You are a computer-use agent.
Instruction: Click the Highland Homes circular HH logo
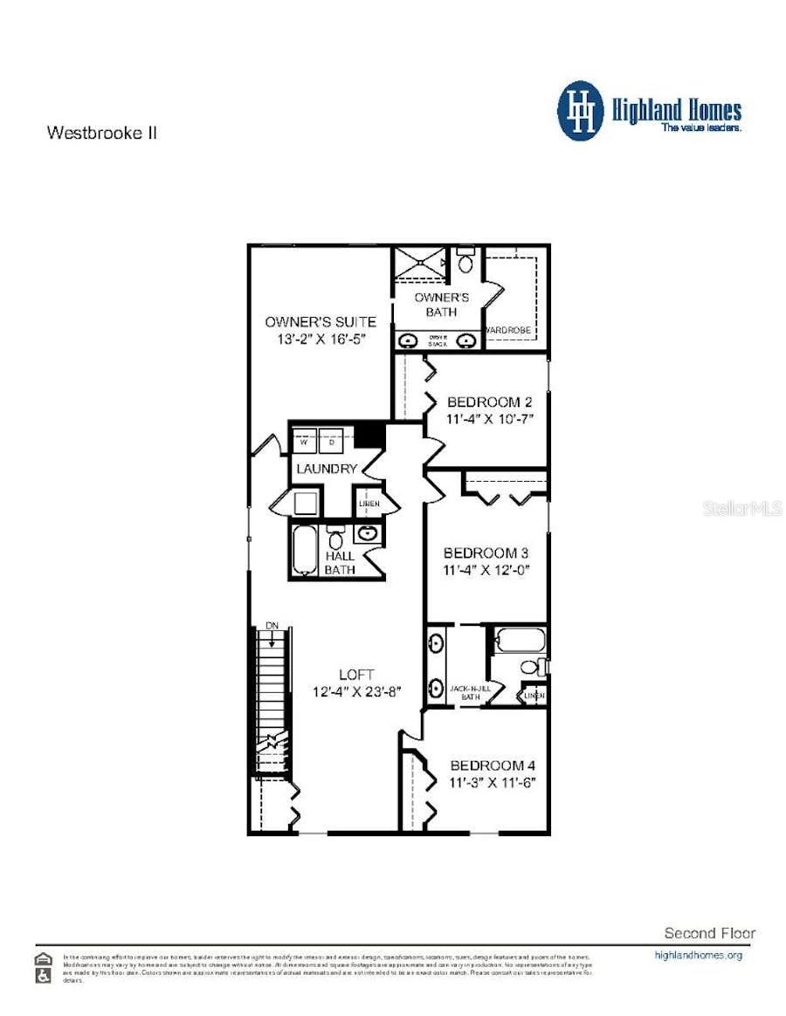(x=581, y=111)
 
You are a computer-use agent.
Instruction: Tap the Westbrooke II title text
(x=101, y=134)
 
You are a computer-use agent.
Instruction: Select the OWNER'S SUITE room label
(x=321, y=322)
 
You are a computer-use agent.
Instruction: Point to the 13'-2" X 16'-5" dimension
(x=321, y=339)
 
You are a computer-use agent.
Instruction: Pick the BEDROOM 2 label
(x=489, y=402)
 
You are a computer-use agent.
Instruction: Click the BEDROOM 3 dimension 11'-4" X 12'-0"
(x=487, y=571)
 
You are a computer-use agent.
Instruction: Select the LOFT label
(x=356, y=674)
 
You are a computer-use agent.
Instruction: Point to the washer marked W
(x=304, y=443)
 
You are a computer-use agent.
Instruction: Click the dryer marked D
(x=332, y=443)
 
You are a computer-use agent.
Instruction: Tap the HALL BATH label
(x=340, y=563)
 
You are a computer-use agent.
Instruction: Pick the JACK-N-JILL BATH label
(x=471, y=692)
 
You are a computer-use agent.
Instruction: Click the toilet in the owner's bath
(x=465, y=260)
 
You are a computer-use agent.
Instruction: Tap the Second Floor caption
(x=710, y=933)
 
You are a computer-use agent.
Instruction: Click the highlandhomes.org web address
(x=698, y=955)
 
